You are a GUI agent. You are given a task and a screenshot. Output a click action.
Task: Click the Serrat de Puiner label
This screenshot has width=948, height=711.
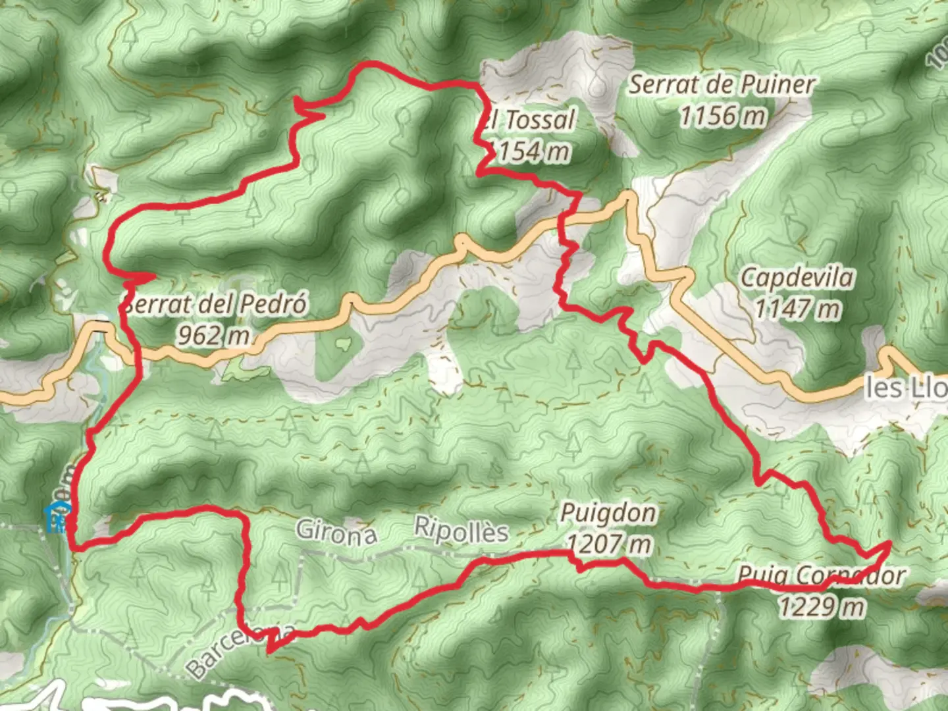pos(722,85)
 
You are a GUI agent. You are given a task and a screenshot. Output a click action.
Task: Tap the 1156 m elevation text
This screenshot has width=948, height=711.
pos(723,117)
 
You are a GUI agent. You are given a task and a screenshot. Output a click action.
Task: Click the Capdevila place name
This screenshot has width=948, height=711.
pos(797,278)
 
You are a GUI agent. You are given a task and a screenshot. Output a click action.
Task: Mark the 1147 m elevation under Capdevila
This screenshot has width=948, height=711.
pos(797,308)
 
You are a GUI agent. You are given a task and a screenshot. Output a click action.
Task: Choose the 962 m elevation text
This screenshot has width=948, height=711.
pos(213,335)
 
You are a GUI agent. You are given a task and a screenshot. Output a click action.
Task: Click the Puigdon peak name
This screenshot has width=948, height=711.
pos(608,513)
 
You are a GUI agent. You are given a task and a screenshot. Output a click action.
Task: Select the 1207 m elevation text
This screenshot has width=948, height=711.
pos(609,544)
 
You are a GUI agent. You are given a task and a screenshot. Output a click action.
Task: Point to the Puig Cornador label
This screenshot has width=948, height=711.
pos(820,576)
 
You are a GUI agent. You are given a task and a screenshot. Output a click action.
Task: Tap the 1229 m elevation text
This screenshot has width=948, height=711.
pos(822,606)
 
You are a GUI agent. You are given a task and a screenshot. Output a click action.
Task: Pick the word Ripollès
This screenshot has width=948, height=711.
pos(461,529)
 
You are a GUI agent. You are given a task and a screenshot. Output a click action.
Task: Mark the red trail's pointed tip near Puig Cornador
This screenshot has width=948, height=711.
pos(889,543)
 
